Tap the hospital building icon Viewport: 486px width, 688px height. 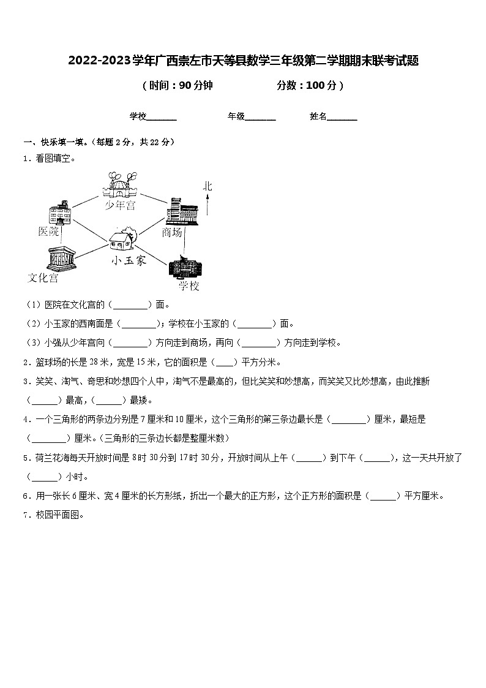point(60,213)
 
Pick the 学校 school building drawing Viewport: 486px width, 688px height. point(185,268)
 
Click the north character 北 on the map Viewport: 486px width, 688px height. point(207,186)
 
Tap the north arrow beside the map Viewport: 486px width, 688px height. point(207,205)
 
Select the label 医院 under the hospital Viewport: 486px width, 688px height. point(49,231)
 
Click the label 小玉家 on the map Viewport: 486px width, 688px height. point(129,260)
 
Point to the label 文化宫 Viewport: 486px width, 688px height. point(43,278)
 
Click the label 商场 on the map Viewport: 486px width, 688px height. point(173,232)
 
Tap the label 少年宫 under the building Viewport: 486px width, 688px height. point(120,205)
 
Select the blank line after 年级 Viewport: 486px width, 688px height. point(260,118)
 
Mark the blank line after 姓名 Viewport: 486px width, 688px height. point(342,118)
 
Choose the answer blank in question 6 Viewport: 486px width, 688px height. point(383,496)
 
